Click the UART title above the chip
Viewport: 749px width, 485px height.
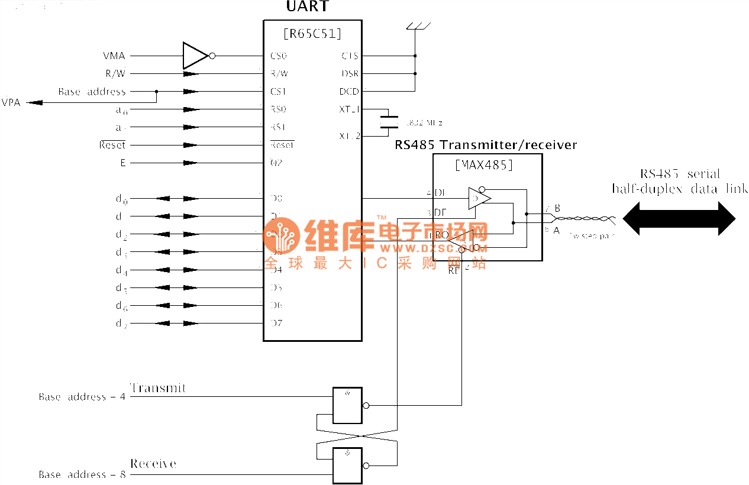coord(307,8)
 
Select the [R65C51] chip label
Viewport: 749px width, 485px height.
coord(312,34)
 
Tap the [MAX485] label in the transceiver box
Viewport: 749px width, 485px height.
coord(485,165)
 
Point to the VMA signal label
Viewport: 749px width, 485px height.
coord(114,56)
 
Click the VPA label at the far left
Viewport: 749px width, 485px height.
coord(11,102)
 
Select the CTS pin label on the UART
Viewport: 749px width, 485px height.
coord(350,56)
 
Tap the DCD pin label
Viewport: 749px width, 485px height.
coord(349,92)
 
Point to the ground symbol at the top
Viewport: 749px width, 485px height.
coord(417,27)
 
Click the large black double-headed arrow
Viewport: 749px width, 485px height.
coord(679,218)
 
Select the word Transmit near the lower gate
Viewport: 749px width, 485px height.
coord(158,388)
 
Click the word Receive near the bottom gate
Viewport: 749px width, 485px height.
coord(153,464)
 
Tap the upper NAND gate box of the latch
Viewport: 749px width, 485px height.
coord(347,406)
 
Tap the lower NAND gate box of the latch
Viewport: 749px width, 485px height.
coord(347,465)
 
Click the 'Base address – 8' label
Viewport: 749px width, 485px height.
coord(82,474)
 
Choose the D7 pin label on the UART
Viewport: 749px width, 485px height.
coord(276,324)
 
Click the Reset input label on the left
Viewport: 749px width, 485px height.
coord(112,145)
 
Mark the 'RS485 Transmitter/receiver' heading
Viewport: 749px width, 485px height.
coord(486,145)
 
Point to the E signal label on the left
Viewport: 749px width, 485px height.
coord(123,163)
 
